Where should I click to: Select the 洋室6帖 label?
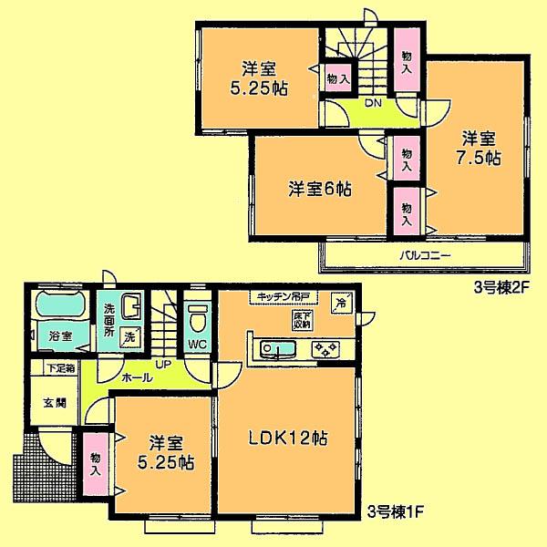pos(321,190)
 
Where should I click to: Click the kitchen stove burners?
pos(325,347)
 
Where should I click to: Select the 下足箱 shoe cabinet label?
pos(62,369)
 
